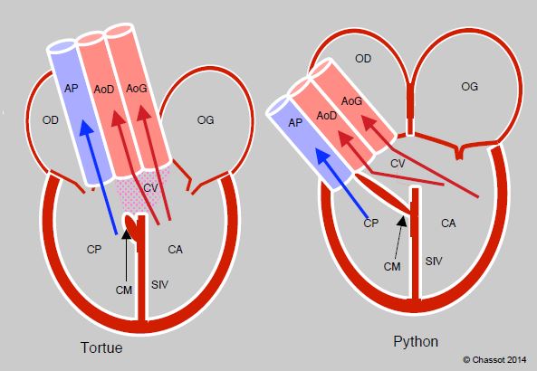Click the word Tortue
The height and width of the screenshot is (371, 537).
pyautogui.click(x=101, y=347)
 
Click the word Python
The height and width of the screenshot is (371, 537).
pyautogui.click(x=416, y=342)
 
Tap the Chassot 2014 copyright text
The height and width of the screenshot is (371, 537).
pyautogui.click(x=494, y=360)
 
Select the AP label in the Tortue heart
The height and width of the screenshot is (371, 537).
pyautogui.click(x=72, y=89)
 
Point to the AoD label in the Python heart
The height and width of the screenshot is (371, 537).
pyautogui.click(x=327, y=116)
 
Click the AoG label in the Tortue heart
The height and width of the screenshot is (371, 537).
pyautogui.click(x=137, y=89)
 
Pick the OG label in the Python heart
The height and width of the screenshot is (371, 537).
pyautogui.click(x=469, y=87)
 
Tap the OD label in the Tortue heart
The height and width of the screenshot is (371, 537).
pyautogui.click(x=51, y=120)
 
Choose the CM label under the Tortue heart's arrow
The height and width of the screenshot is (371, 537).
pyautogui.click(x=124, y=290)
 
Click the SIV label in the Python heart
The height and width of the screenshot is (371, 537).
pyautogui.click(x=434, y=262)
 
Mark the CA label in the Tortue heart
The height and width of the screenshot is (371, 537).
pyautogui.click(x=175, y=250)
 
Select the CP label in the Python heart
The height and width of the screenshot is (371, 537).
pyautogui.click(x=371, y=224)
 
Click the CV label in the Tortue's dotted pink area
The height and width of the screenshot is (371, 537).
pyautogui.click(x=150, y=188)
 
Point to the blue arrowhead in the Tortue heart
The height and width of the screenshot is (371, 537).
pyautogui.click(x=86, y=128)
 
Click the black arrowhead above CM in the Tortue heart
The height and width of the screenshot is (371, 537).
pyautogui.click(x=127, y=233)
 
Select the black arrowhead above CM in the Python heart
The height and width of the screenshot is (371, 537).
pyautogui.click(x=402, y=221)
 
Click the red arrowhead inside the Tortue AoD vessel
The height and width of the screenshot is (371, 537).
pyautogui.click(x=118, y=120)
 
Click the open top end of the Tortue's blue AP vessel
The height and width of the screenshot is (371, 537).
pyautogui.click(x=62, y=47)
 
